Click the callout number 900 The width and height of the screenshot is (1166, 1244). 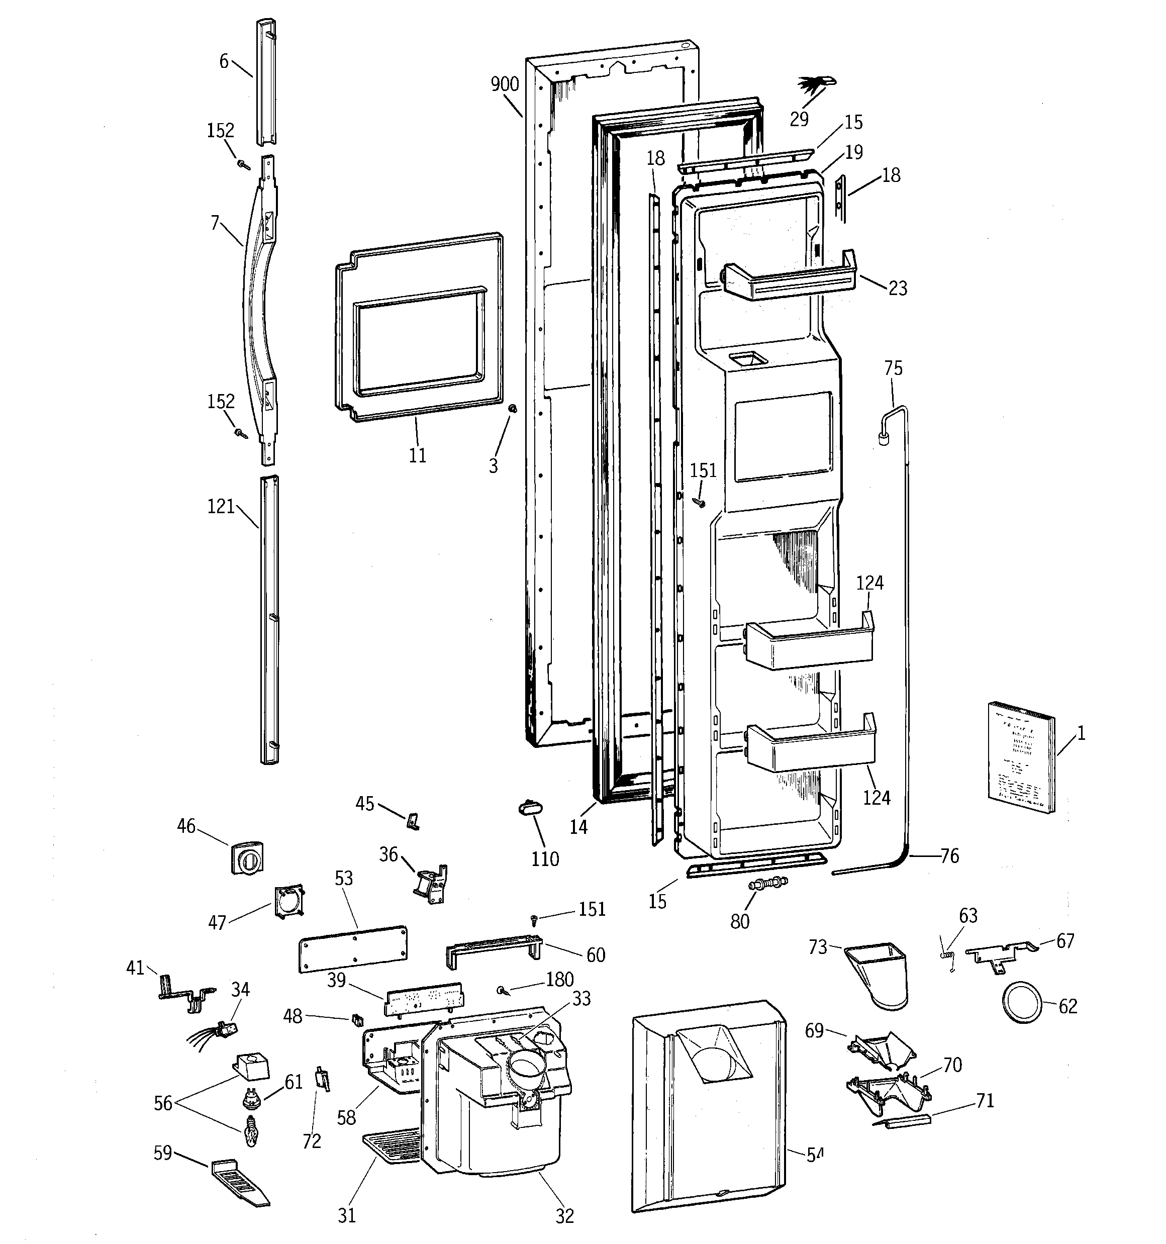click(505, 84)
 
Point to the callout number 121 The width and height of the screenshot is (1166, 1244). click(220, 506)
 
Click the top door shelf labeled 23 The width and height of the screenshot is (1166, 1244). click(790, 278)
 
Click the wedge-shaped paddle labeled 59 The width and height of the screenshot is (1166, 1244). click(240, 1182)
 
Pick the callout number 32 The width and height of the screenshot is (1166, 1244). click(564, 1215)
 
